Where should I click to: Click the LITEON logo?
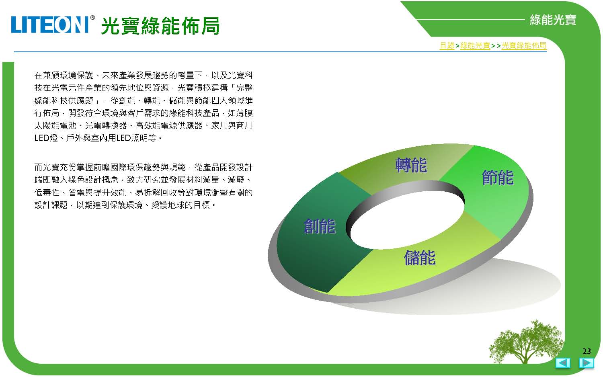(50, 25)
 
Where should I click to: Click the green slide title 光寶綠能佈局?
(160, 26)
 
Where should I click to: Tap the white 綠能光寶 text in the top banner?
(553, 20)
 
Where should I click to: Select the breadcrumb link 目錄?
(447, 45)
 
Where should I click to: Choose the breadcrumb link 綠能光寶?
(475, 45)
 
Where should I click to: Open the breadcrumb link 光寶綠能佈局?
(524, 45)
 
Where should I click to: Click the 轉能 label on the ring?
(411, 165)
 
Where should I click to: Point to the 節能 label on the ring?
(498, 177)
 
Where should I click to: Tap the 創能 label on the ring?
(320, 226)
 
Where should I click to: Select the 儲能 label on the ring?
(420, 258)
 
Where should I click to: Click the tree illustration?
(526, 342)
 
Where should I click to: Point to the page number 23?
(587, 351)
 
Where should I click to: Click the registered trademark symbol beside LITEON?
(92, 18)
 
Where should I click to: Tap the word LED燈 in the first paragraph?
(46, 138)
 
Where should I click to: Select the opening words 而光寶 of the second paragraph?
(47, 167)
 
